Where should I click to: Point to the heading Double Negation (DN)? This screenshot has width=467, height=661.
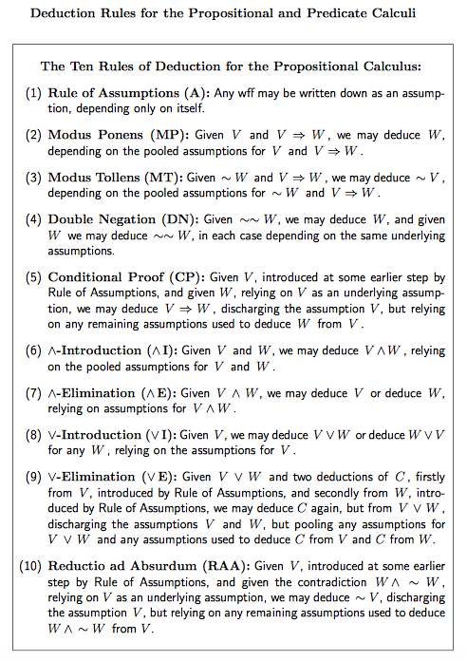121,218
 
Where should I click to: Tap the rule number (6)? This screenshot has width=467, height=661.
33,349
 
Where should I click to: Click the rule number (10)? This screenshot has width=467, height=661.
29,565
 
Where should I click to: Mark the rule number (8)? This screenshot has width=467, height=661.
33,434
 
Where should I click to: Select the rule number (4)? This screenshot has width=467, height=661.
33,218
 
